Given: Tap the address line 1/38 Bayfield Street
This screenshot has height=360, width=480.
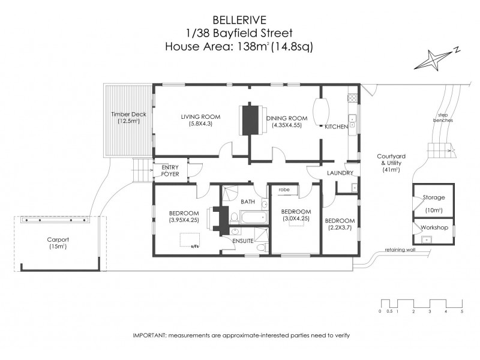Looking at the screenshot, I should pos(240,32).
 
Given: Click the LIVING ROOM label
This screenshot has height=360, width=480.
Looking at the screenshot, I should pos(200,116).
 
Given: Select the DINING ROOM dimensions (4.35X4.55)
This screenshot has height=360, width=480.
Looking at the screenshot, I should pos(287,125).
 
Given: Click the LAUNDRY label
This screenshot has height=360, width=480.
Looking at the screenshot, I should pos(340,173).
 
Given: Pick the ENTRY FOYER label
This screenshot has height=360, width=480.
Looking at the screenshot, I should pos(170,171).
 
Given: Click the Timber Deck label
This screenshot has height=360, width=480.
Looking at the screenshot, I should pos(128,114).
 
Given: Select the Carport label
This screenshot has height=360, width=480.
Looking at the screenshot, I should pos(58,239).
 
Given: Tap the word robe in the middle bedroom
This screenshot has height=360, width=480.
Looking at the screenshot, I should pos(284,189).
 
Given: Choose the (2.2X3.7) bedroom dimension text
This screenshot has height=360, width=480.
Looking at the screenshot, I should pos(341,228).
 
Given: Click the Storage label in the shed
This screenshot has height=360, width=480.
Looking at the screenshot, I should pos(434,197).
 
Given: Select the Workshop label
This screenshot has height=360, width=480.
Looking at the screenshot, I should pos(434,228).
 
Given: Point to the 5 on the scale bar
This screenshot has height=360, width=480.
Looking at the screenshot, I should pos(462,312).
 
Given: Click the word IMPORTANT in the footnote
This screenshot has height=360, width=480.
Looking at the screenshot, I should pos(149,335).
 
